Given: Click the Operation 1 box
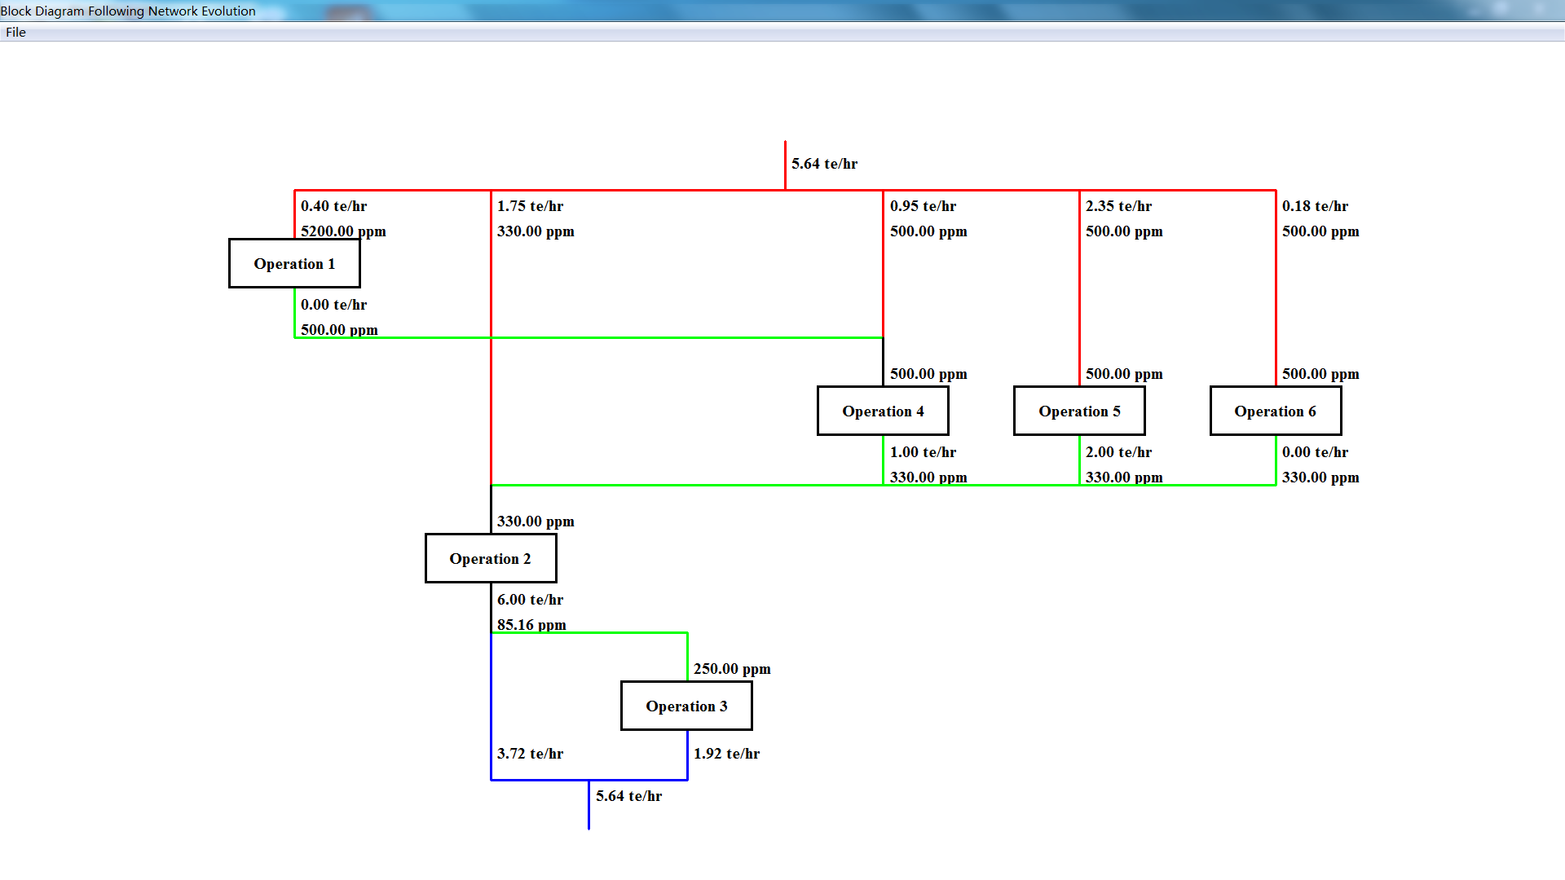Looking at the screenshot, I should coord(294,263).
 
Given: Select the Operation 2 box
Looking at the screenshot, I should coord(491,558).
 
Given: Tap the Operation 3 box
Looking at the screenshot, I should coord(686,706).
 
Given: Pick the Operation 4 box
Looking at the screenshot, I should coord(883,411).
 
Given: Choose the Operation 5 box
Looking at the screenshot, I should coord(1079,411).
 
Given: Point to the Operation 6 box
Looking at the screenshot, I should coord(1276,411).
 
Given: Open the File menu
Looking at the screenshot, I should coord(15,33).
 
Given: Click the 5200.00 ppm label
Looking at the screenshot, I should coord(343,231).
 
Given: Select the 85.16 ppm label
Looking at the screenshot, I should coord(531,625).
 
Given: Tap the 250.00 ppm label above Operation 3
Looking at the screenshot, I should coord(732,669).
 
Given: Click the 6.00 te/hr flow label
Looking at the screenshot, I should coord(530,600).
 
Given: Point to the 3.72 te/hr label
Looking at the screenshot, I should coord(530,754).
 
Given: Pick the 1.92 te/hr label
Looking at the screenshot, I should coord(726,754).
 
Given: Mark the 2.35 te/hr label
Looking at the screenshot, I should coord(1118,206).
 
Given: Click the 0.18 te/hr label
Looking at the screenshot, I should coord(1315,206).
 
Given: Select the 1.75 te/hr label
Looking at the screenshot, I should coord(530,206).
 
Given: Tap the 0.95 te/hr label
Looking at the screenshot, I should coord(923,206).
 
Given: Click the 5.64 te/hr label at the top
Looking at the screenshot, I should coord(824,164).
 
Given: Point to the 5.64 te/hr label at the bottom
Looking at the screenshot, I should coord(628,796).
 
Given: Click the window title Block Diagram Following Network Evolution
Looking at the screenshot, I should coord(128,11).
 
